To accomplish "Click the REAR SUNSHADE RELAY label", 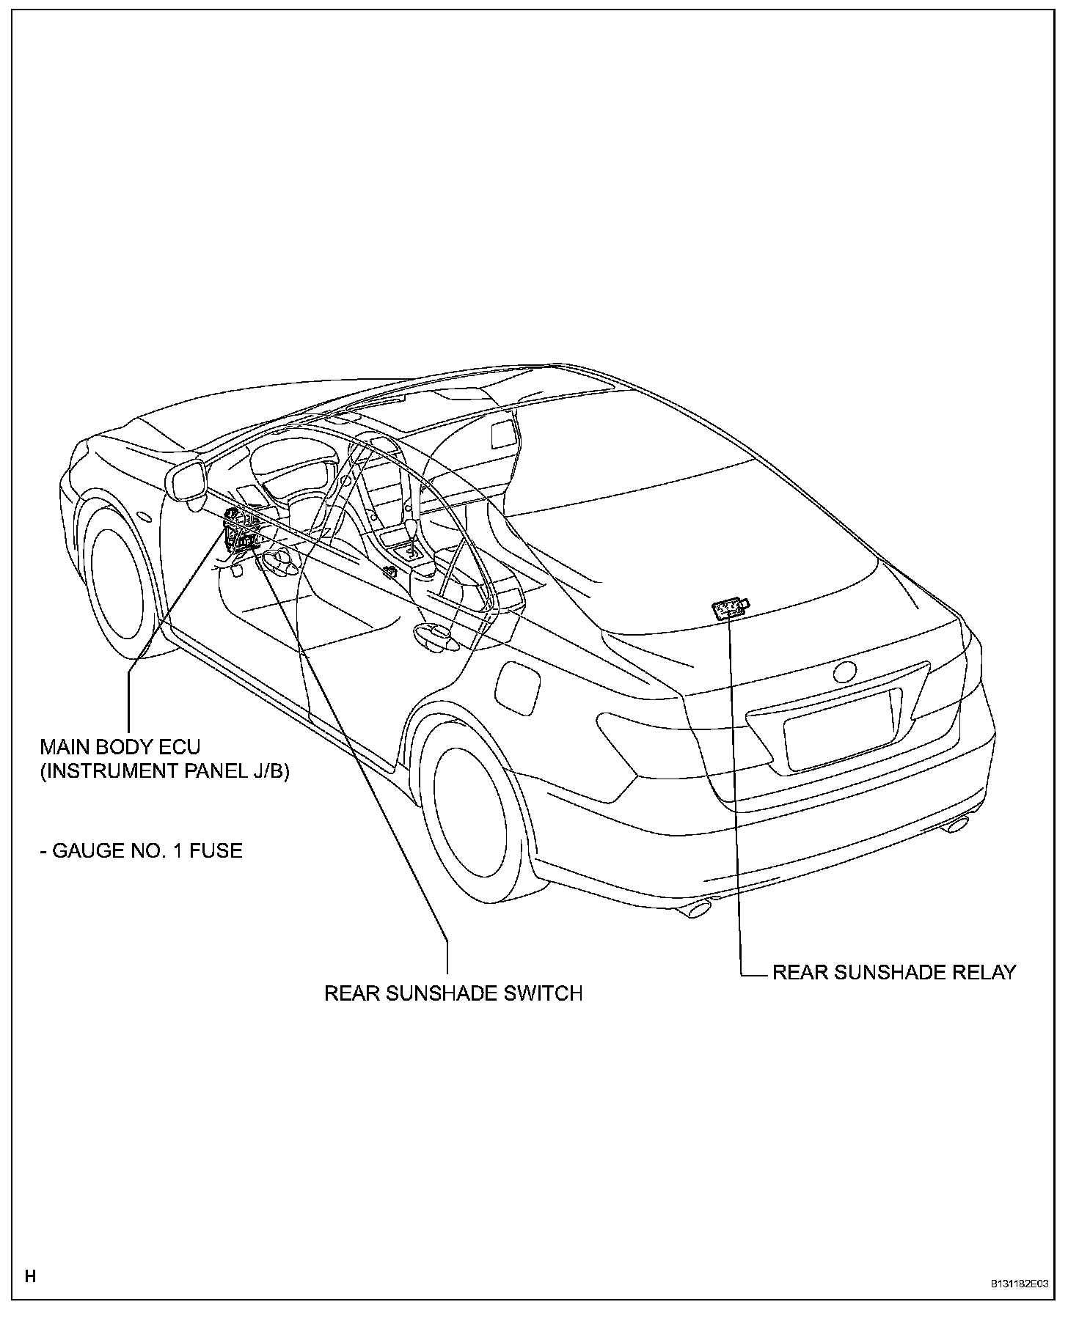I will (x=894, y=972).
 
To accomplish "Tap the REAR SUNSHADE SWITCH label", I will (x=453, y=993).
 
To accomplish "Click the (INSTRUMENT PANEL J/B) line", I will (x=164, y=771).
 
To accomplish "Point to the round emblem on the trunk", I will (x=844, y=673).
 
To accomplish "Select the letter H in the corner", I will (x=30, y=1276).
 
